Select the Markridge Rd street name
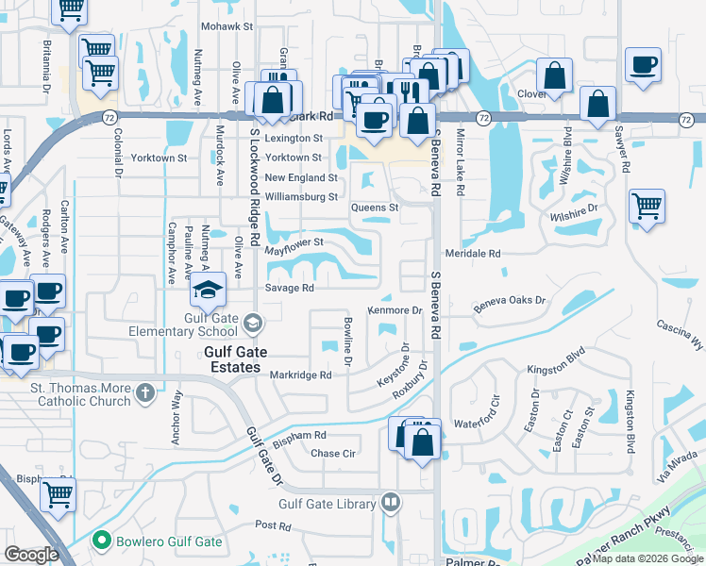pyautogui.click(x=300, y=375)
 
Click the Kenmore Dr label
pyautogui.click(x=394, y=309)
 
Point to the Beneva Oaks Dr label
pyautogui.click(x=510, y=301)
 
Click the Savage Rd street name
pyautogui.click(x=289, y=288)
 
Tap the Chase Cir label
pyautogui.click(x=333, y=453)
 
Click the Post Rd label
pyautogui.click(x=272, y=524)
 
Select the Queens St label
pyautogui.click(x=376, y=207)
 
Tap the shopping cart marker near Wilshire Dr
pyautogui.click(x=647, y=206)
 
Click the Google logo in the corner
pyautogui.click(x=31, y=555)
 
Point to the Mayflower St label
pyautogui.click(x=294, y=243)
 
